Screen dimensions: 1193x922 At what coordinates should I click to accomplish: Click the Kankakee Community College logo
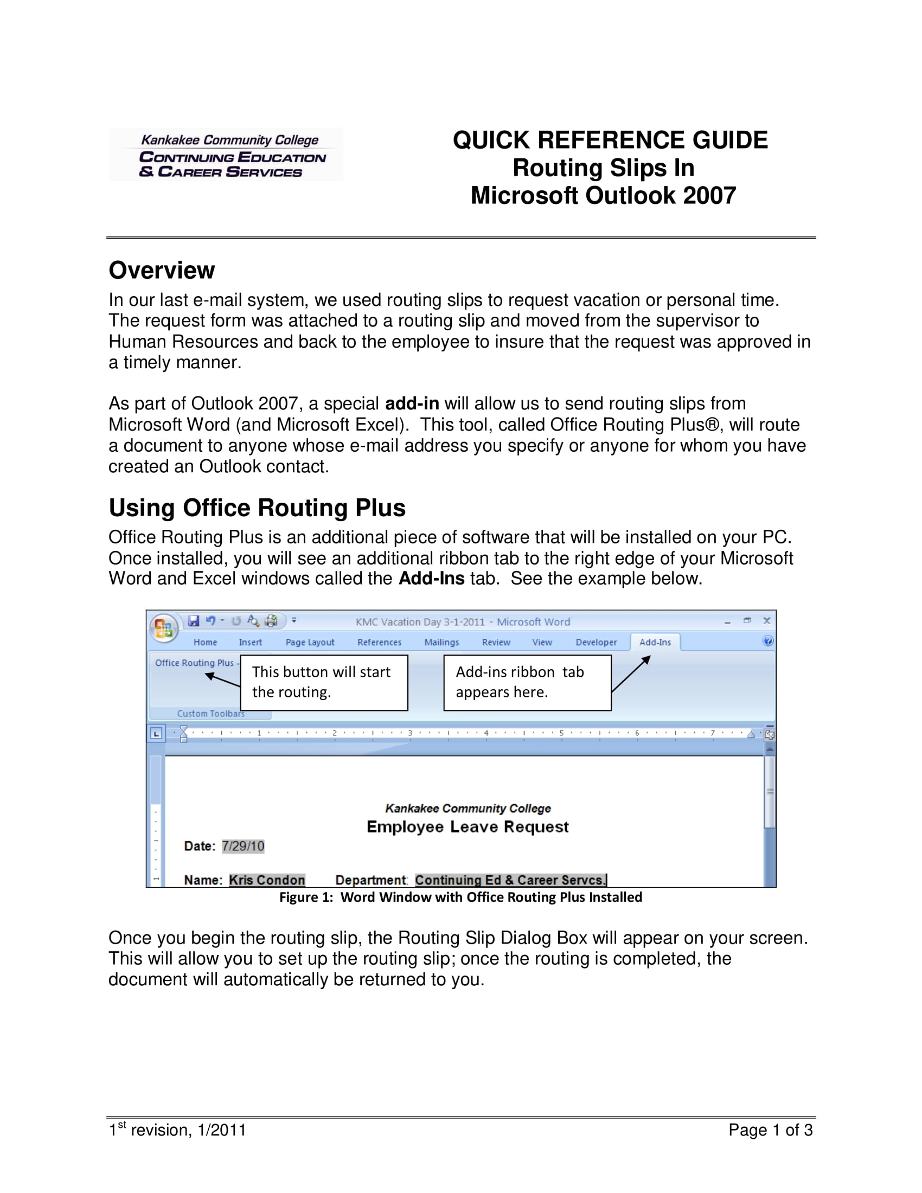[226, 155]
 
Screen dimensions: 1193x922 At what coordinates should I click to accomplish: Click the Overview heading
[162, 271]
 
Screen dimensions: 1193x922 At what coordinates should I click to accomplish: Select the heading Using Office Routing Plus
[257, 508]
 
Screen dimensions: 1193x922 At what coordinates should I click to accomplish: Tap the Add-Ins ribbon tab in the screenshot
[655, 643]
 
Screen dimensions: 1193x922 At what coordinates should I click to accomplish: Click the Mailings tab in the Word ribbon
[441, 643]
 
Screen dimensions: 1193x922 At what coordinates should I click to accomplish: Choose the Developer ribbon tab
[596, 643]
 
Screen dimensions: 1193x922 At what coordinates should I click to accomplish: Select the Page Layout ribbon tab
[310, 643]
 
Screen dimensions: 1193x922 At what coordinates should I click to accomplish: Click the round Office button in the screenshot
[163, 628]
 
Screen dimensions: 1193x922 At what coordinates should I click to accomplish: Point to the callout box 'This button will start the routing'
[324, 682]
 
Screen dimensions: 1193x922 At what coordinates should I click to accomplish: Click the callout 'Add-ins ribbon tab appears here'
[527, 682]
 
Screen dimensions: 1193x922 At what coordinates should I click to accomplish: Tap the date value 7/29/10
[243, 846]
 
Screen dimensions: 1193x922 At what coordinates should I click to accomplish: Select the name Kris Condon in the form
[266, 880]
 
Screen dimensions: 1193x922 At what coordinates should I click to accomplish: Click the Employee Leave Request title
[468, 827]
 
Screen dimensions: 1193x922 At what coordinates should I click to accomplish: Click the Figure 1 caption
[460, 897]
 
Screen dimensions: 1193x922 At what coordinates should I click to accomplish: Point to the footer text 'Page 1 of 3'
[770, 1130]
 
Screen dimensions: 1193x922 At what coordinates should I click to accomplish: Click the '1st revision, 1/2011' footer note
[177, 1130]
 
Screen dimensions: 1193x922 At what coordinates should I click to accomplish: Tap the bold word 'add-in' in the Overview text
[412, 403]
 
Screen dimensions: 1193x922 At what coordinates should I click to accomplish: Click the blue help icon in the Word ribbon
[768, 642]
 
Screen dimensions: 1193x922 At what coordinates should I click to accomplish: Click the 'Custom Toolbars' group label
[211, 714]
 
